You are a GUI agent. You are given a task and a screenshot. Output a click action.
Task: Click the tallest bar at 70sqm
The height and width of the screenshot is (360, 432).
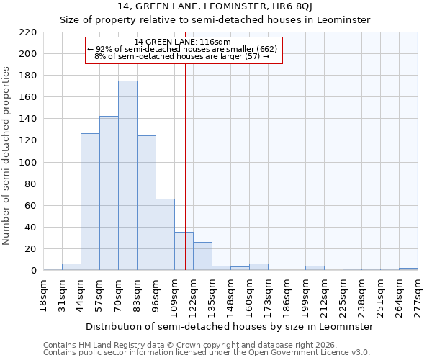click(x=127, y=176)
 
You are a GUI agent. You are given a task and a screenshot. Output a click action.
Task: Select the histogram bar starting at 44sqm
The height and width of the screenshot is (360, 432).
click(x=90, y=202)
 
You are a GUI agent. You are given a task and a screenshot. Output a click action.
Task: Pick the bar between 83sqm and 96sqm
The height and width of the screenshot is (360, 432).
click(x=146, y=203)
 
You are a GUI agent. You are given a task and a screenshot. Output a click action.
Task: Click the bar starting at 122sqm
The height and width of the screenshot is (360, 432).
click(x=202, y=256)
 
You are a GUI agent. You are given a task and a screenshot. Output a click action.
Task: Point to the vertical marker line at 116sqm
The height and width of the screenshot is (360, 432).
click(x=185, y=166)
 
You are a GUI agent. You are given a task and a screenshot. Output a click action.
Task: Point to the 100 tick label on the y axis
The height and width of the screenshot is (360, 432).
click(x=28, y=163)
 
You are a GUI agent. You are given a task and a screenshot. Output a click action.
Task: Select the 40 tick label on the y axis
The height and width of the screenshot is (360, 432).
click(x=31, y=228)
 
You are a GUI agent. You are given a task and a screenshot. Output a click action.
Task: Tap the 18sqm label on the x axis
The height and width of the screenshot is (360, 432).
click(x=44, y=296)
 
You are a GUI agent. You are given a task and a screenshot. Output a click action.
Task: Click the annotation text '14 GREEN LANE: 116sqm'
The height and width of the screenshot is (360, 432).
click(x=182, y=42)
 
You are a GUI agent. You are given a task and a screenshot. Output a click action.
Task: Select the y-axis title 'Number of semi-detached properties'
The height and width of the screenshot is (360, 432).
click(x=7, y=156)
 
